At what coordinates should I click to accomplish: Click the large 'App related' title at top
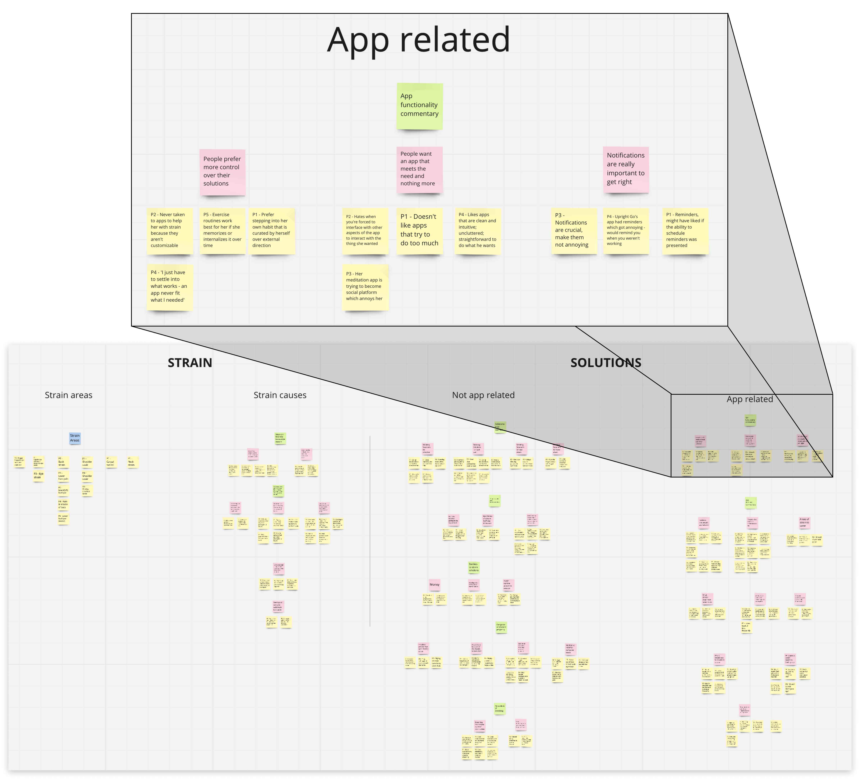419,40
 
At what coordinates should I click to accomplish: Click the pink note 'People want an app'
419,169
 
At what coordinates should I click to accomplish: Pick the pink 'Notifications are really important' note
626,169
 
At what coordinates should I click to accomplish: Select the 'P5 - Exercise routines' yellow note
222,231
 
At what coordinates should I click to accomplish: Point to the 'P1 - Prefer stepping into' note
272,231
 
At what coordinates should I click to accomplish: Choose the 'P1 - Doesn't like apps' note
419,231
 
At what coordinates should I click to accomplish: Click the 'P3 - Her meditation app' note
365,287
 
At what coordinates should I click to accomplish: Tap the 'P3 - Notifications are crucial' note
574,231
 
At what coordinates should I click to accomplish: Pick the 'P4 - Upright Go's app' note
626,231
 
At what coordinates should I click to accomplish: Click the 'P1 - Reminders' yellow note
685,231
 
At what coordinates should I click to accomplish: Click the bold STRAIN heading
190,363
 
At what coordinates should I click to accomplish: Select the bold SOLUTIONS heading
606,363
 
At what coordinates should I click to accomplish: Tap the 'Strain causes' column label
280,395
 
